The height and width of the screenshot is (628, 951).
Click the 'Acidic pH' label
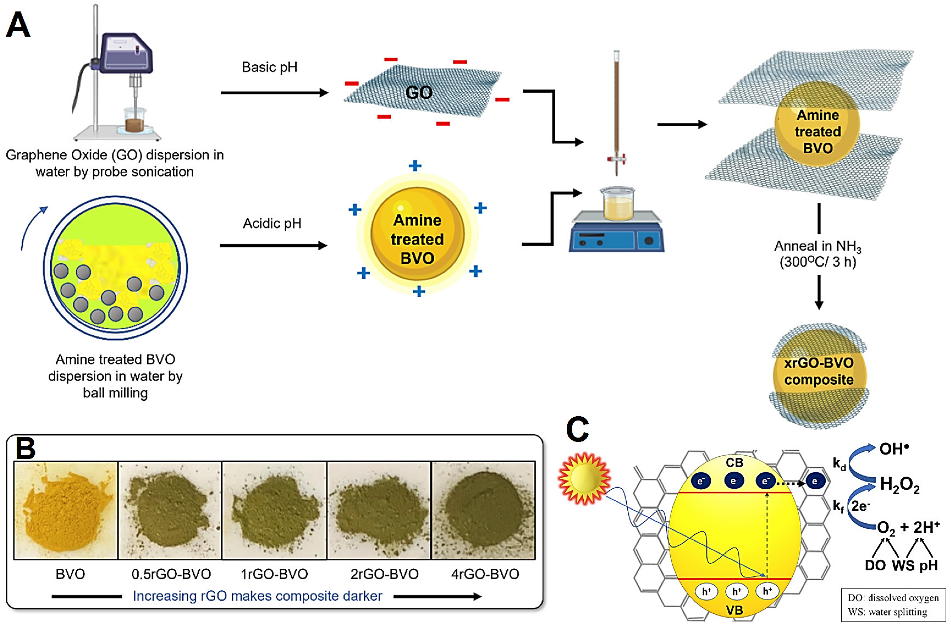(x=272, y=224)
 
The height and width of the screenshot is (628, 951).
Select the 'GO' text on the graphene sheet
(x=419, y=93)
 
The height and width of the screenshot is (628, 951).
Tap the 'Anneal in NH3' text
(x=817, y=246)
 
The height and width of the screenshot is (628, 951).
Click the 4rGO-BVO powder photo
(x=484, y=510)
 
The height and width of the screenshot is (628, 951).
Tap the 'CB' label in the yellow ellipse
(x=734, y=463)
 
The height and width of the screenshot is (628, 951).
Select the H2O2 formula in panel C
(x=899, y=485)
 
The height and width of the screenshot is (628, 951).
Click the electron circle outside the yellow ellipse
(x=815, y=481)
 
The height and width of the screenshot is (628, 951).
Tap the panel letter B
(x=26, y=449)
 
